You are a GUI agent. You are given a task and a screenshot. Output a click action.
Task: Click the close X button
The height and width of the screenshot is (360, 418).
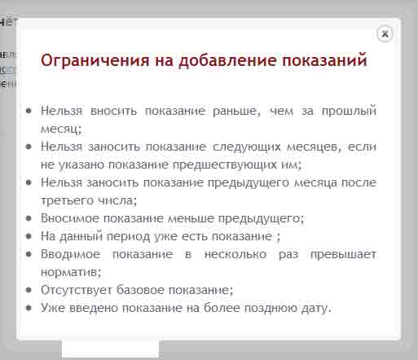click(x=385, y=34)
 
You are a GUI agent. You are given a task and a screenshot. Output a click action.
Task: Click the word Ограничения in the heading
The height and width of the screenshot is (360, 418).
click(x=95, y=60)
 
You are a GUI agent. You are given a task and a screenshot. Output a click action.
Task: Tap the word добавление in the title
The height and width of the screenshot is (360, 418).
click(x=227, y=60)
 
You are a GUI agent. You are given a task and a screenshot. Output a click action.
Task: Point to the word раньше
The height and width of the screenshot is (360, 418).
click(x=236, y=111)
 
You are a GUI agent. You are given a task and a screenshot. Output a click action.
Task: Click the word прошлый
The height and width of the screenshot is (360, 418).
click(x=349, y=111)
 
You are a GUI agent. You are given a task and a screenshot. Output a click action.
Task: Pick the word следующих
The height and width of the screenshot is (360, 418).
click(x=247, y=147)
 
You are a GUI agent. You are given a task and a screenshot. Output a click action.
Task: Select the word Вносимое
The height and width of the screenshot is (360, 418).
click(x=70, y=218)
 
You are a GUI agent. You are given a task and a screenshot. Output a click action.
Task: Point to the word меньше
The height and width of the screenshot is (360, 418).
click(x=191, y=218)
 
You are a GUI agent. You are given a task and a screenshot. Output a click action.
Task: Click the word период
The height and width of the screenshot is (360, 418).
click(x=128, y=237)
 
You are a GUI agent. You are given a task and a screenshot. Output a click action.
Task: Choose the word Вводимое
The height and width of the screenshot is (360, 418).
click(x=70, y=254)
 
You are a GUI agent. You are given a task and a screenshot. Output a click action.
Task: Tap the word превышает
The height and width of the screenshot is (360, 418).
click(x=343, y=255)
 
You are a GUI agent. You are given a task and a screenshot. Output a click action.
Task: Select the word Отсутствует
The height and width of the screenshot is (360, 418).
click(x=77, y=290)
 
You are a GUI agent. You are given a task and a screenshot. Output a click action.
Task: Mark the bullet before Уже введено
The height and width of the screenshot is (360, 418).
click(x=29, y=308)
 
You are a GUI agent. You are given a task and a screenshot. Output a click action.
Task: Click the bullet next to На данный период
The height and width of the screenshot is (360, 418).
click(x=29, y=236)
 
